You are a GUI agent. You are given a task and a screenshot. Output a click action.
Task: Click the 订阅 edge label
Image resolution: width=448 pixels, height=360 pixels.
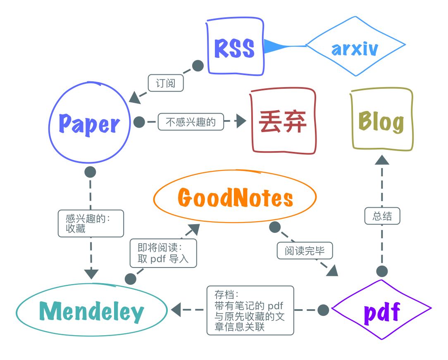[166, 83]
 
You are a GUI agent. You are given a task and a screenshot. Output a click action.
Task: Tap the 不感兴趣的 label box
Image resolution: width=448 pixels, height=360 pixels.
[191, 122]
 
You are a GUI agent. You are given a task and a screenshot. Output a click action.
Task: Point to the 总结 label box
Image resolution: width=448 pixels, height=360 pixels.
[382, 216]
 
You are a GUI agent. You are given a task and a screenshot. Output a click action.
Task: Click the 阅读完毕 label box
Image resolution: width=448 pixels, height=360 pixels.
[305, 251]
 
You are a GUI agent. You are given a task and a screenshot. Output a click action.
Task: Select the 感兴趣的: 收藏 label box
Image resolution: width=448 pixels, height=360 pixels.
[91, 223]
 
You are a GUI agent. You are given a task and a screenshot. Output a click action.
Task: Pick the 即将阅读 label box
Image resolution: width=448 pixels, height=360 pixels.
[163, 253]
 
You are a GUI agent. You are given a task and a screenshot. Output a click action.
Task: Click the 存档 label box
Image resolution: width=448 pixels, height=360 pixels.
[250, 310]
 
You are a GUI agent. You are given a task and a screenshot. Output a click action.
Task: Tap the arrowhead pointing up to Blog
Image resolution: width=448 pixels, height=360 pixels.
[382, 160]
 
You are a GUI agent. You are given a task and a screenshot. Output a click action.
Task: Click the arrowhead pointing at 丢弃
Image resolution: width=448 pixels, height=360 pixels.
[241, 121]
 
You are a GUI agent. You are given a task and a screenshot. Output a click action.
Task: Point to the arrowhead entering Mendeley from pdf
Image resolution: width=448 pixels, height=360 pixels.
[176, 310]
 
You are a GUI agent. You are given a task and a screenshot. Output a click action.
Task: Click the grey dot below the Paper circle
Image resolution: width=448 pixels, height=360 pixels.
[90, 172]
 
